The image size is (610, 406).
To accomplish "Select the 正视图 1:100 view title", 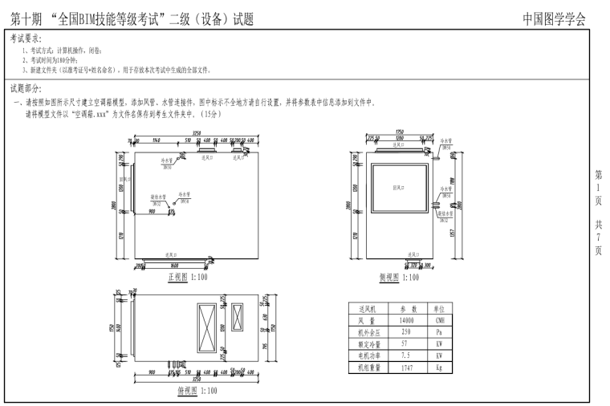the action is pos(186,277).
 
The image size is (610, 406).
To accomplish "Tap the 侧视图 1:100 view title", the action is pos(399,277).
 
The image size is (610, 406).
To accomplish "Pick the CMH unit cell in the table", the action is pos(440,319).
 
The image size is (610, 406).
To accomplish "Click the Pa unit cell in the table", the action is pos(440,331).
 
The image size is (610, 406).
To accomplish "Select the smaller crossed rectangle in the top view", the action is pos(238,319).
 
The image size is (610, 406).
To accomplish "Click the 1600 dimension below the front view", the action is pos(174,265).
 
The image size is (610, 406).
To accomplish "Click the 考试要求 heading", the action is pos(26,38).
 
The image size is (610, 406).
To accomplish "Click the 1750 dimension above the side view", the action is pos(399,133).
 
